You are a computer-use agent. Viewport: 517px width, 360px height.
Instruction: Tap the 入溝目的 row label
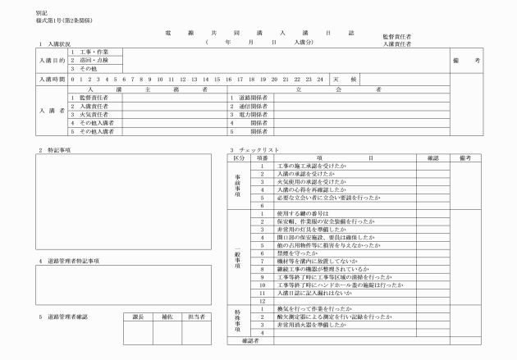pyautogui.click(x=52, y=60)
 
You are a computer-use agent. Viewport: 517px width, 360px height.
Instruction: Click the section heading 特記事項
pyautogui.click(x=60, y=151)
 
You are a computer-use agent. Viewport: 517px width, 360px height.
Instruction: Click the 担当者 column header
pyautogui.click(x=196, y=316)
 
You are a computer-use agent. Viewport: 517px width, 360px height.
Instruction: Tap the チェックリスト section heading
pyautogui.click(x=262, y=151)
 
